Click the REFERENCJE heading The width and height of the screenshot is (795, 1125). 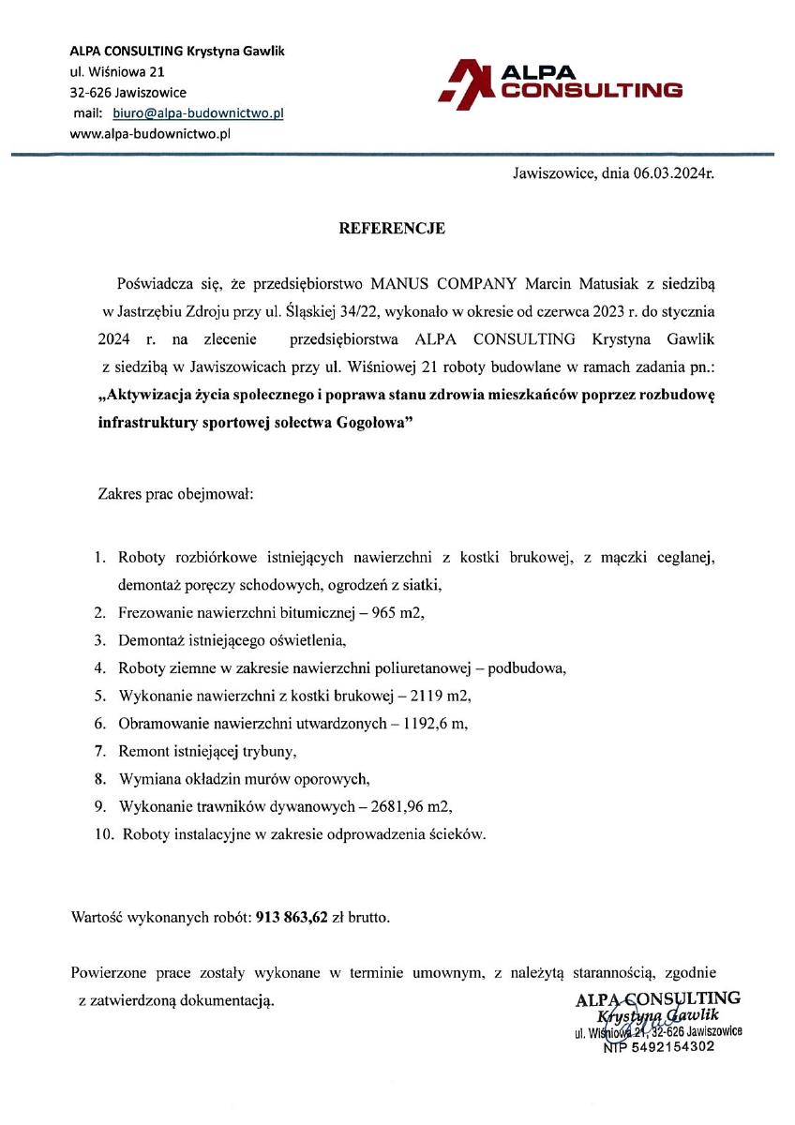[392, 228]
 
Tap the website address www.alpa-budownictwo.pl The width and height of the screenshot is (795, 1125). [150, 134]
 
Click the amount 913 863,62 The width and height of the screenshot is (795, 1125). [292, 918]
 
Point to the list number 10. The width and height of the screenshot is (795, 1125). [103, 833]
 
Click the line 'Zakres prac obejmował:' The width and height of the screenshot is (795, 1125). [176, 493]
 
